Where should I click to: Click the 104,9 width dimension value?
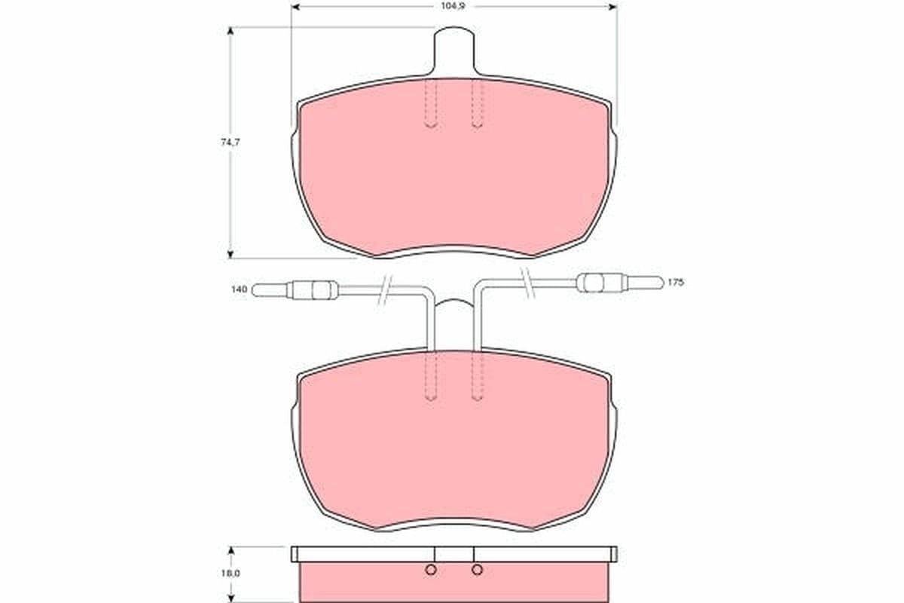point(454,7)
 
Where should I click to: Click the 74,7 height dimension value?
point(231,142)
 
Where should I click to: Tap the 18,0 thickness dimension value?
point(231,573)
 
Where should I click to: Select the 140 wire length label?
point(240,289)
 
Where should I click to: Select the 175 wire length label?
point(676,283)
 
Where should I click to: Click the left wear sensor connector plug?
point(295,290)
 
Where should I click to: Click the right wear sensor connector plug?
point(620,283)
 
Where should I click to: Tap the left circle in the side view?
point(431,570)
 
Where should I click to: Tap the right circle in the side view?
point(477,570)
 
